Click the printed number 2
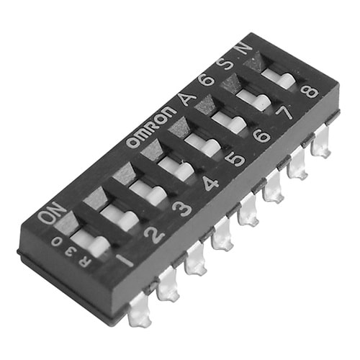click(x=155, y=233)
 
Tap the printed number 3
click(x=183, y=209)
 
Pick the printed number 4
click(x=210, y=184)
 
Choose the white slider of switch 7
click(x=252, y=99)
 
